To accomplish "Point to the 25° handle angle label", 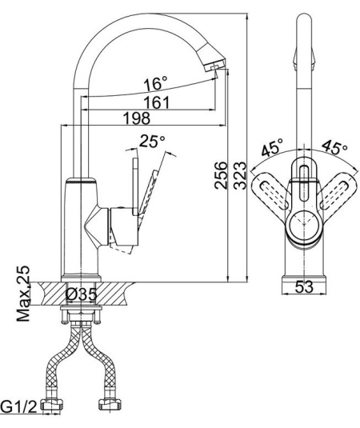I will [x=152, y=142].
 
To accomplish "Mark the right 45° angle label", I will [x=333, y=149].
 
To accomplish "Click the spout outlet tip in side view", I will [x=214, y=68].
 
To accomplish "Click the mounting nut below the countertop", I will [x=80, y=316].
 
